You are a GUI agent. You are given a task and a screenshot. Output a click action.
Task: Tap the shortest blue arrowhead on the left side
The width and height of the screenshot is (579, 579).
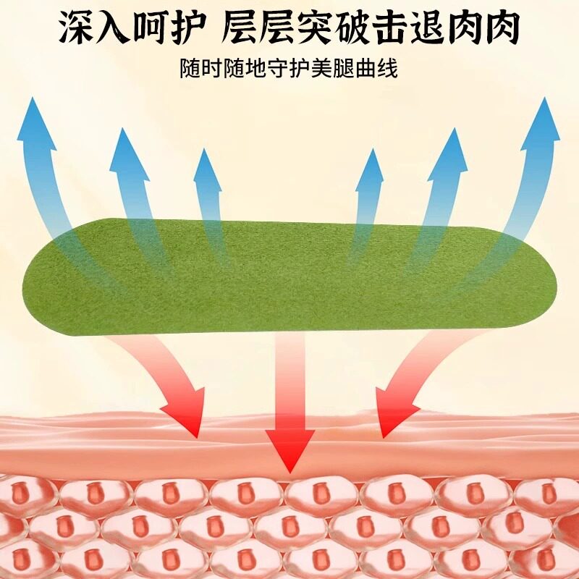click(x=207, y=153)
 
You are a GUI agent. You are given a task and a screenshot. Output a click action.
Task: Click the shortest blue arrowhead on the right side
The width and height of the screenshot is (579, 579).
click(x=371, y=153)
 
